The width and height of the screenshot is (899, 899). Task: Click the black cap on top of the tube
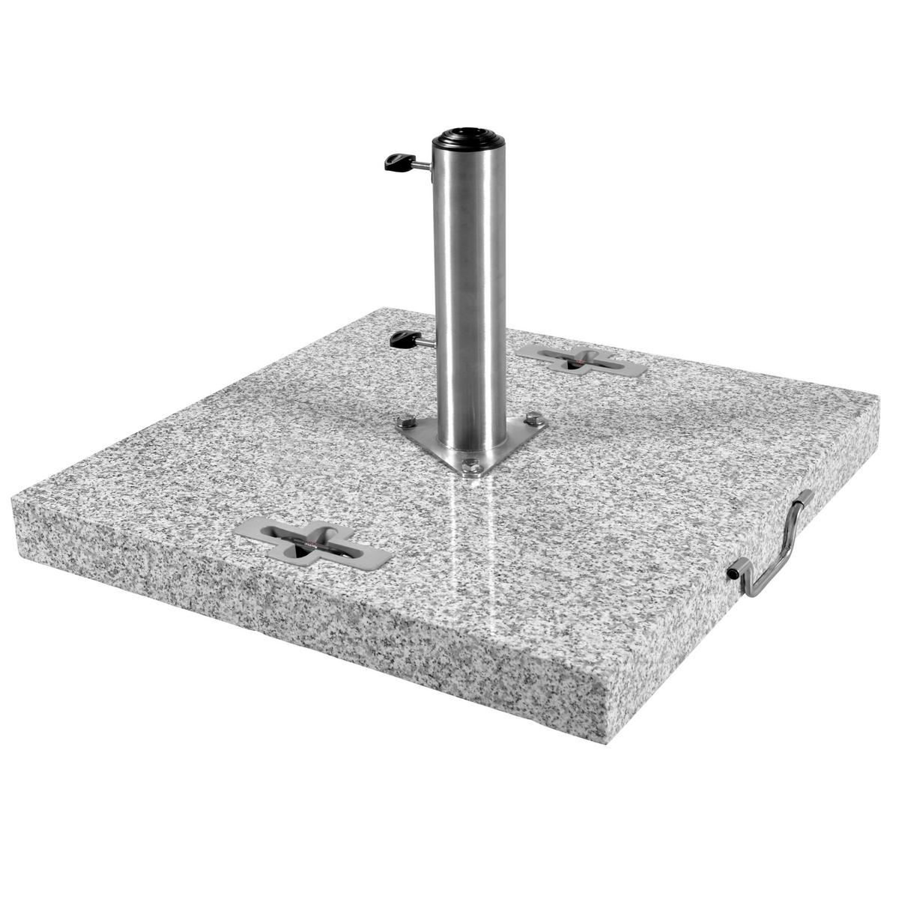point(469,136)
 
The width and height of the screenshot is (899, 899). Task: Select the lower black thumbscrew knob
point(402,339)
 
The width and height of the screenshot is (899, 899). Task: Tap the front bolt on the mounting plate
point(470,465)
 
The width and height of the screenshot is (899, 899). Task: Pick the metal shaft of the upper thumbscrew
point(422,164)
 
